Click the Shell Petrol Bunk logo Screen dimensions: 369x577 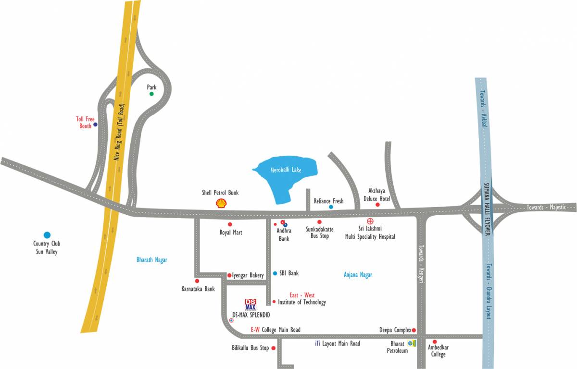[x=221, y=204]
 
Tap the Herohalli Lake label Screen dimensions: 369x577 [x=286, y=170]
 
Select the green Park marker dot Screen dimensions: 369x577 [x=151, y=94]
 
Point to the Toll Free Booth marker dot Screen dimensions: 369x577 [x=95, y=124]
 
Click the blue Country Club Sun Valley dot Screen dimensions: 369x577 [x=47, y=235]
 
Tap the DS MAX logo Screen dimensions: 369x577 [x=251, y=304]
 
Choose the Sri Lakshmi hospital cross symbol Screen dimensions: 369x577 [x=370, y=221]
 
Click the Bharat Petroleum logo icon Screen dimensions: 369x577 [x=412, y=343]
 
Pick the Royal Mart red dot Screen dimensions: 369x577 [x=230, y=224]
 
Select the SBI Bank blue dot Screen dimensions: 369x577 [x=275, y=273]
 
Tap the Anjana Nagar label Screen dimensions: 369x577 [x=358, y=275]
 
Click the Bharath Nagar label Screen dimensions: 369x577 [x=151, y=260]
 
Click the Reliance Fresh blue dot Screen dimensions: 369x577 [x=331, y=207]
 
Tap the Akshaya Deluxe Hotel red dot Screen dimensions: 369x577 [x=377, y=205]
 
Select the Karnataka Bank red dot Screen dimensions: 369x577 [x=197, y=281]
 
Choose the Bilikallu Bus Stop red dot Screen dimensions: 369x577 [x=274, y=348]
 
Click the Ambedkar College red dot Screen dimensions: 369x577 [x=435, y=342]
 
